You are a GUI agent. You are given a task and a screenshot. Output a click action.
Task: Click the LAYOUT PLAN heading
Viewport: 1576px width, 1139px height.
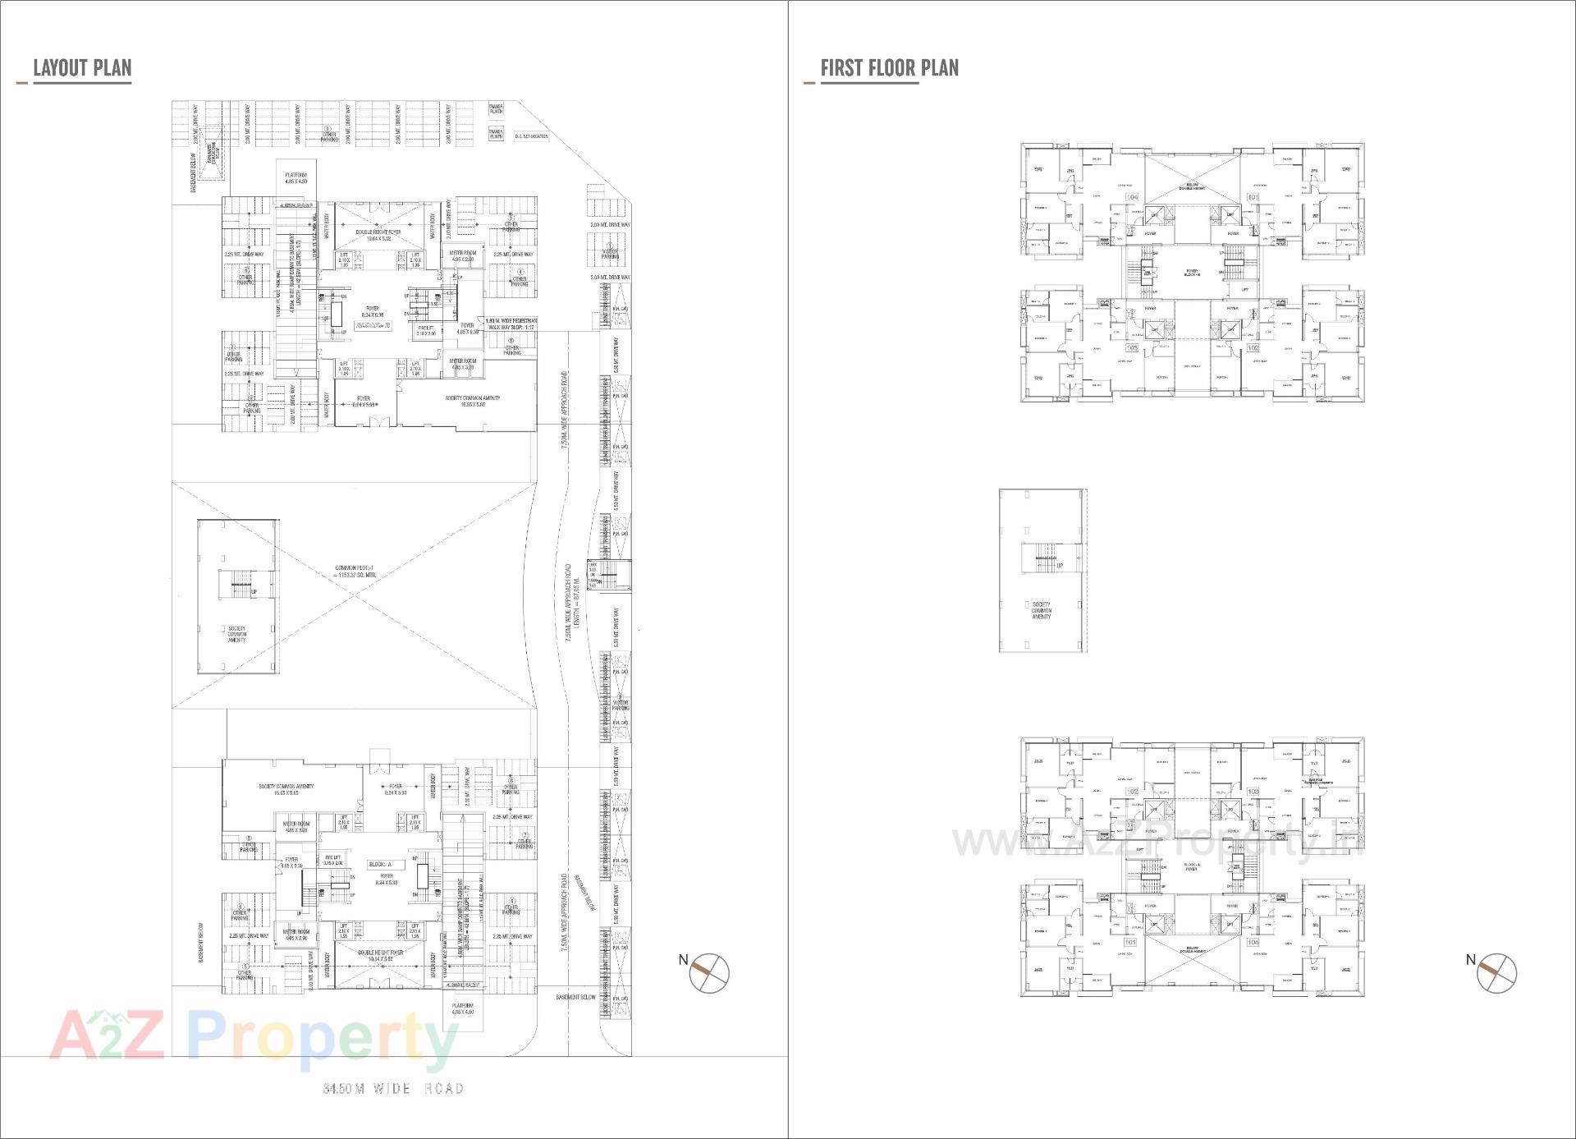(x=81, y=68)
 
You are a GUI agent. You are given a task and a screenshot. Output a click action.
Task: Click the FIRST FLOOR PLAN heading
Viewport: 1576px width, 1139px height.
(x=889, y=68)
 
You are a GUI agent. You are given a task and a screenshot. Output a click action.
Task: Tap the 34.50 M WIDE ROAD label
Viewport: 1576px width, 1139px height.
(x=393, y=1089)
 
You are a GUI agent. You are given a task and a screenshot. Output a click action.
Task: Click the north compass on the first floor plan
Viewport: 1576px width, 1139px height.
(x=1496, y=973)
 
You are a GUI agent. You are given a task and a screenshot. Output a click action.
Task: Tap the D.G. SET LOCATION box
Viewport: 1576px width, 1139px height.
(x=530, y=136)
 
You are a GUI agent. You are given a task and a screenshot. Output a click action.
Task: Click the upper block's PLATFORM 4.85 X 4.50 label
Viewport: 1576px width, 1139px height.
(x=296, y=178)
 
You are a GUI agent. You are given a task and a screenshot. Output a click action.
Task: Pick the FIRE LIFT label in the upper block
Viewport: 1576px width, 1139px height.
(x=425, y=330)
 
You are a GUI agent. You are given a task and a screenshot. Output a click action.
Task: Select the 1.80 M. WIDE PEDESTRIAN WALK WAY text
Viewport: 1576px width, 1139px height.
(x=511, y=324)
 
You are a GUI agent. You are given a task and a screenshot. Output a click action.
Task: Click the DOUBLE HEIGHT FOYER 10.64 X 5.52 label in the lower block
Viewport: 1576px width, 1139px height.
(x=380, y=956)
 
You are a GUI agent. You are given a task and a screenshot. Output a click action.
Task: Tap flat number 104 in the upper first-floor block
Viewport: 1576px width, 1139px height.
(x=1133, y=197)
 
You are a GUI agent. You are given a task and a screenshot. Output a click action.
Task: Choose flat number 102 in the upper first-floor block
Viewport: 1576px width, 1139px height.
(x=1253, y=347)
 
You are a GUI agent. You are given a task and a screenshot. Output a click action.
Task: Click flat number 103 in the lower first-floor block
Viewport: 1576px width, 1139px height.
(x=1253, y=792)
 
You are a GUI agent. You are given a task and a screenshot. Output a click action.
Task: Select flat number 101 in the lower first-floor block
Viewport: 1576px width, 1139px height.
(x=1131, y=942)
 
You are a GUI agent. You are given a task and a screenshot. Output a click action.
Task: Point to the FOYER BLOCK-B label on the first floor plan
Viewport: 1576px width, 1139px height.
(x=1192, y=273)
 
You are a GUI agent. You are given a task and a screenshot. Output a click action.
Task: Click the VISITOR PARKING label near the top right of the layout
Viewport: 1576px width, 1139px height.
(x=610, y=255)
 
